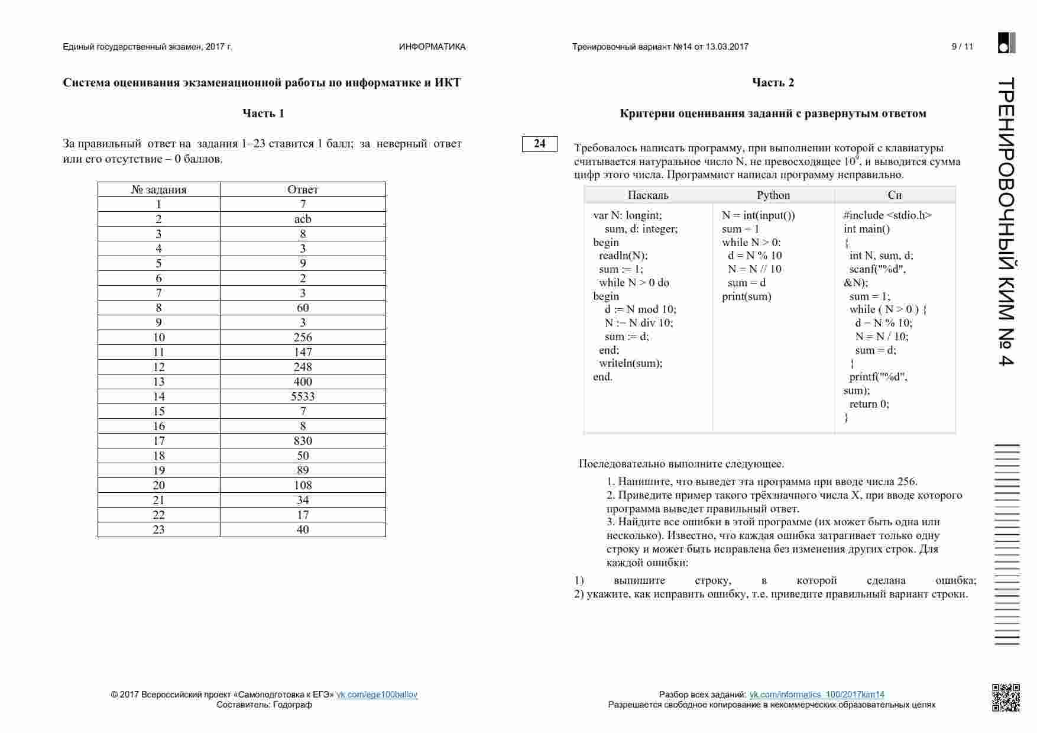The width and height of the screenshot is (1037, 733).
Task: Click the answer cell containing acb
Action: click(303, 219)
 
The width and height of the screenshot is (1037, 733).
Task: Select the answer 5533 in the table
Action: click(303, 396)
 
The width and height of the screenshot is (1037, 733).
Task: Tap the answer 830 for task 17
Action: click(303, 441)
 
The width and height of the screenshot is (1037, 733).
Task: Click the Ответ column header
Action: click(303, 189)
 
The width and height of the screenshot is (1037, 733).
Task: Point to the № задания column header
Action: click(158, 189)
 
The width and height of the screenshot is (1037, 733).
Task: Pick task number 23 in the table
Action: click(158, 529)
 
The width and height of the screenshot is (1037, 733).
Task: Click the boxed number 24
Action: click(539, 144)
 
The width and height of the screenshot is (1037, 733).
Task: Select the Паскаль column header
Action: click(648, 195)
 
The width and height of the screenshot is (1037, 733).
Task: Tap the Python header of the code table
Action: click(773, 195)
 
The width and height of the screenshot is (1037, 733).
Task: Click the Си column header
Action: click(895, 195)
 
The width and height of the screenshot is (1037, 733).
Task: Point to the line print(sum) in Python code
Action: click(747, 296)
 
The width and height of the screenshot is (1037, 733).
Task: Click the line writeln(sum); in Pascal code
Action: click(630, 363)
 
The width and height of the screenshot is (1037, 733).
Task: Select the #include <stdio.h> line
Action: click(887, 215)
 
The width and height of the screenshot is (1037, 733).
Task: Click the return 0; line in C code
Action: click(869, 404)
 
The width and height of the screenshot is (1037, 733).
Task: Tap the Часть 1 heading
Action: click(263, 114)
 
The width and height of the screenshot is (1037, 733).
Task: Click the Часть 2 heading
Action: click(773, 83)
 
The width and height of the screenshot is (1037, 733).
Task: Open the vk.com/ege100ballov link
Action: click(377, 695)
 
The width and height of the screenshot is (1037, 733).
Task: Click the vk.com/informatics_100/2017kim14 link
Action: click(816, 695)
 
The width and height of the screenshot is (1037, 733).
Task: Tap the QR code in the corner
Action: click(1005, 697)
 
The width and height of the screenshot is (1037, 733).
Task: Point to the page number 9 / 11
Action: click(962, 47)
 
